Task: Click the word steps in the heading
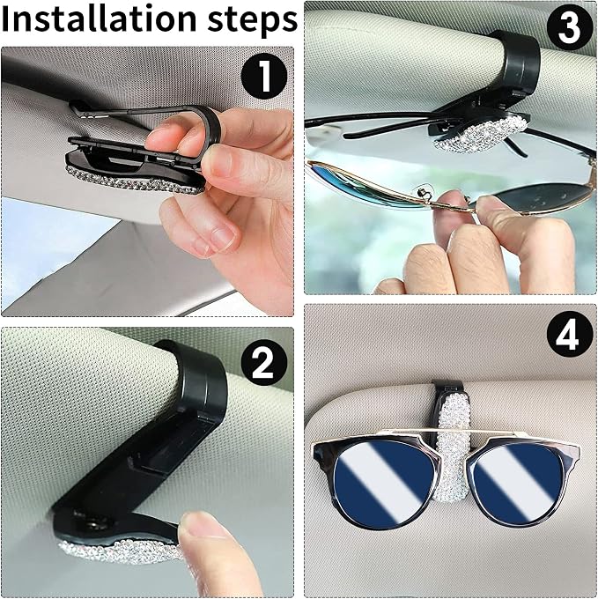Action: point(253,21)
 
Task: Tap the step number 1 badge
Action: point(264,76)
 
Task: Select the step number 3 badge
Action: point(569,28)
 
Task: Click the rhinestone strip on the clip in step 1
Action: point(135,181)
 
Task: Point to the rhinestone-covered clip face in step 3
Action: point(482,134)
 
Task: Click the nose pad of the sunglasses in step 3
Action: point(423,190)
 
